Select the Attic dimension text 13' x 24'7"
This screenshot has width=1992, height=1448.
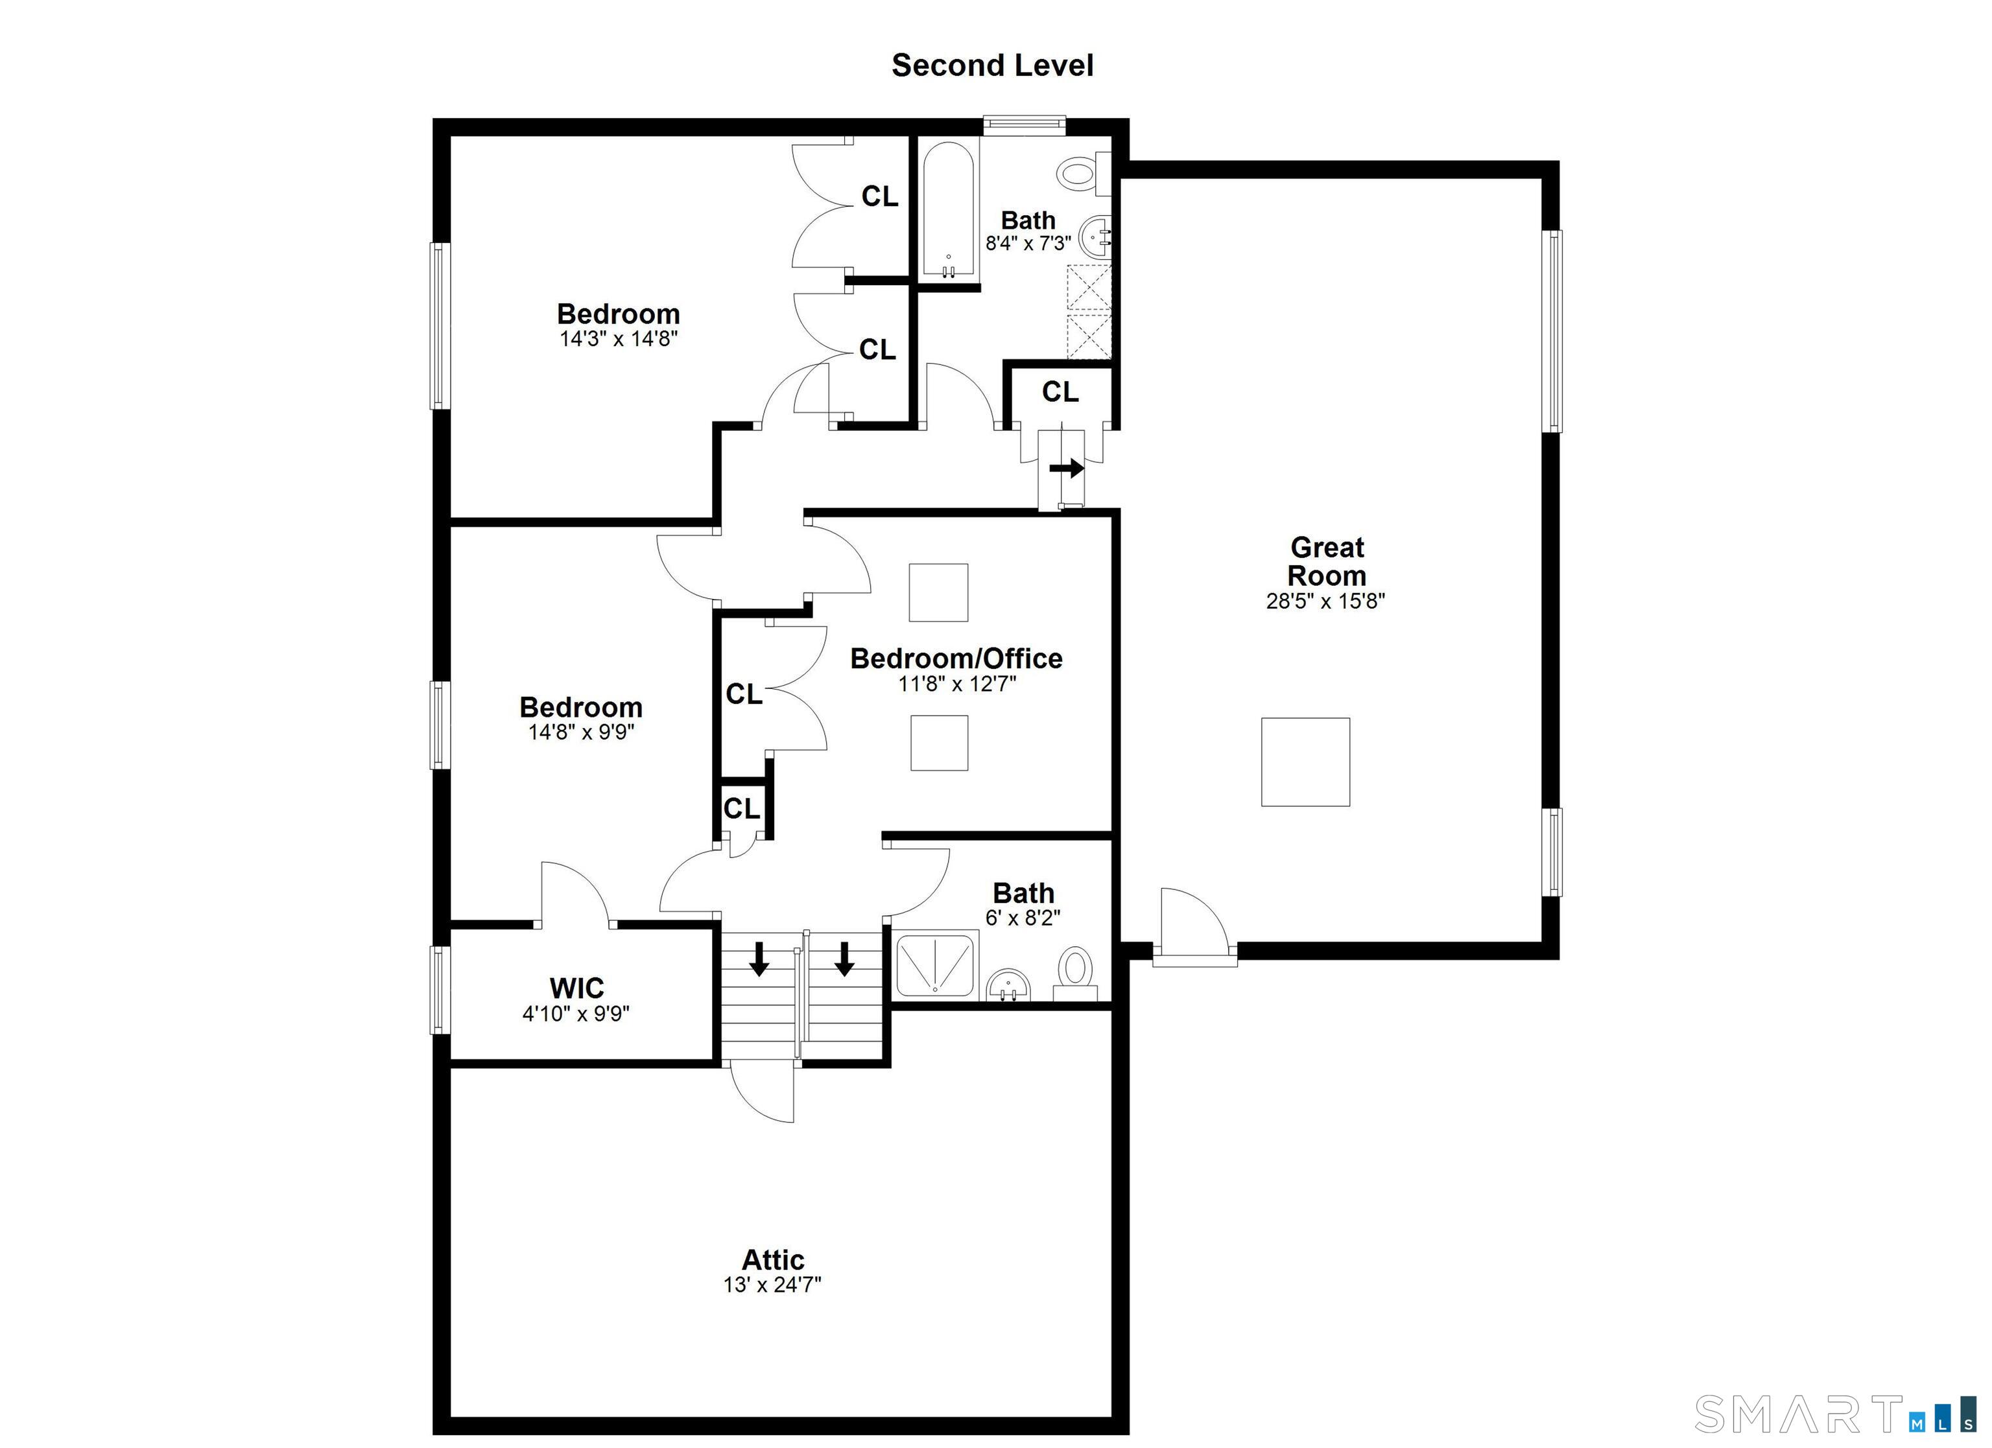tap(772, 1285)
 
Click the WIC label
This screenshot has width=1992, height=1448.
tap(576, 988)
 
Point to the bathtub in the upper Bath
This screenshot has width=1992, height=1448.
tap(949, 211)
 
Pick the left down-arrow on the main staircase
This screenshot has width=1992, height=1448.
tap(759, 959)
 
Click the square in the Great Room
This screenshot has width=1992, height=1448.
tap(1305, 762)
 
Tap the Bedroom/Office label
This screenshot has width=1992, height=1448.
tap(956, 659)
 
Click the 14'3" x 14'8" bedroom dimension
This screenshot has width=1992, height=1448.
tap(619, 339)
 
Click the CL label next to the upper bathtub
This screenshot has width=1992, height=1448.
tap(879, 196)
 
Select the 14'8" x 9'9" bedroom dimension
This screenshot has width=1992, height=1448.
tap(580, 732)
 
